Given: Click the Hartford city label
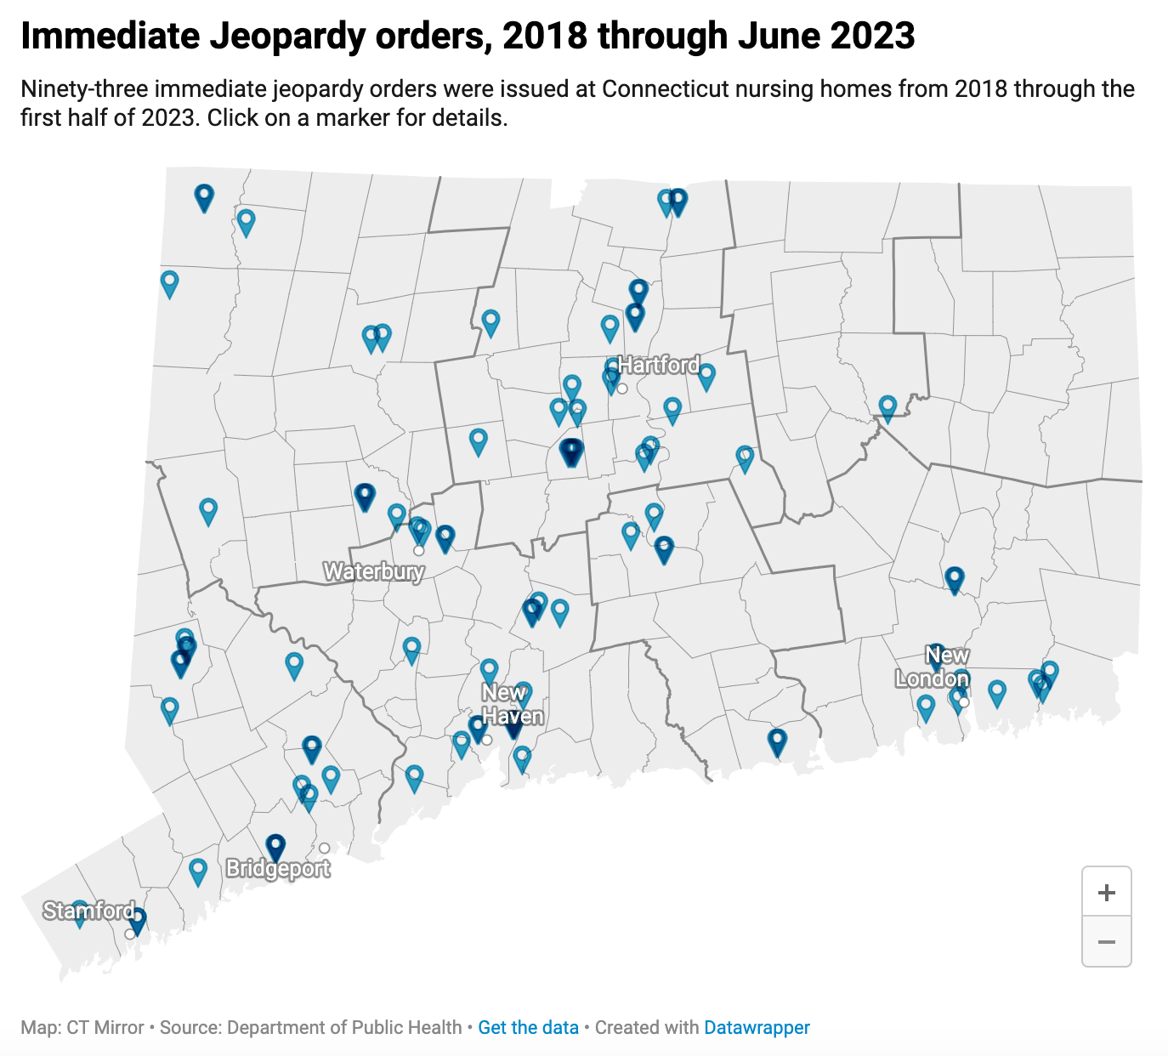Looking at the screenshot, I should coord(659,365).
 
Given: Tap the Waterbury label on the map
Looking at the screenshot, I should coord(373,571).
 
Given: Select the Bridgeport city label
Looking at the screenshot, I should coord(278,869).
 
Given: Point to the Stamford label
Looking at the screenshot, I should coord(89,911).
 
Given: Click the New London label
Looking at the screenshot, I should coord(933,667).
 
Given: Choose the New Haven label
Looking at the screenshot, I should coord(512,705).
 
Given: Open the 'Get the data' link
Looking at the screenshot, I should coord(528,1027).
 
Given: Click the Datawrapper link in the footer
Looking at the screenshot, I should coord(757,1027).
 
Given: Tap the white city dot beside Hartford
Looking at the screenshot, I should coord(622,389).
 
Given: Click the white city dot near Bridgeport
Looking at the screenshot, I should coord(325,848).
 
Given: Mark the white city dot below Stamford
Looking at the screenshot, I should coord(129,934).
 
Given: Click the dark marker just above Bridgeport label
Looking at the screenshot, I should coord(275,845).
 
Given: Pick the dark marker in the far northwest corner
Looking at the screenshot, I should coord(203,196).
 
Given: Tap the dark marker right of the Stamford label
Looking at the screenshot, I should coord(137,919).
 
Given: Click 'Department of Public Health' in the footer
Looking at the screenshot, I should coord(344,1027).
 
